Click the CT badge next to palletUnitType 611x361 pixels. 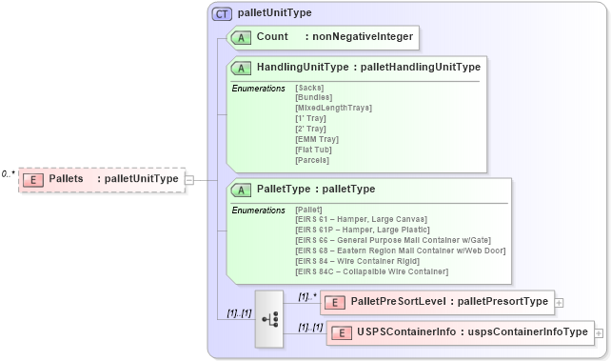[x=221, y=13]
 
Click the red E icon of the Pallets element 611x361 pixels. [x=33, y=179]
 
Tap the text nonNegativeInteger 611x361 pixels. [x=363, y=37]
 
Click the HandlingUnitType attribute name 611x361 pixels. [x=302, y=68]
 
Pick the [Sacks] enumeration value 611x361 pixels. [x=310, y=88]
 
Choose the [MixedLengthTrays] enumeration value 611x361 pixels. [x=333, y=109]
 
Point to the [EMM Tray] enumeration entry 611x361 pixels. [x=317, y=139]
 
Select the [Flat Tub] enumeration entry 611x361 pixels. [x=315, y=150]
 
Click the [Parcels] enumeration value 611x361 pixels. [x=312, y=160]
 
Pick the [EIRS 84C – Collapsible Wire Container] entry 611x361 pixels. [x=372, y=271]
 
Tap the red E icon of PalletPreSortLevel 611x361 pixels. [x=335, y=302]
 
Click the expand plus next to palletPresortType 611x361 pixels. [x=559, y=302]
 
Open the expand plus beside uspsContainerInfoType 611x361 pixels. [x=599, y=332]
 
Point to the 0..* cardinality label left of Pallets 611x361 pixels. [x=9, y=173]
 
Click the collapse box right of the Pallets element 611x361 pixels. [x=189, y=179]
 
